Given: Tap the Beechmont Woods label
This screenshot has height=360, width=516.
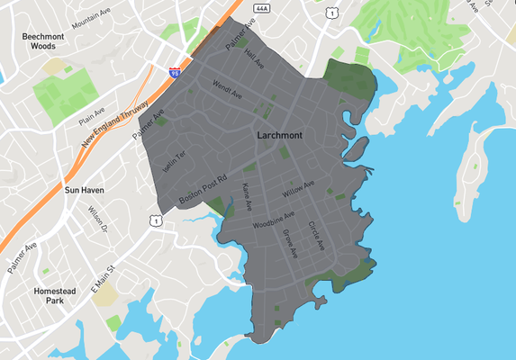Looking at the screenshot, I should (43, 40).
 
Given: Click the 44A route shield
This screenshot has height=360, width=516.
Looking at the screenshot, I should (262, 7).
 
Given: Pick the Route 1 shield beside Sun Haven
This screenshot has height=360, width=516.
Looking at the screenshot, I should (157, 220).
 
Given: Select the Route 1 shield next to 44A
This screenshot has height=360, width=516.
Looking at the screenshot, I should (333, 13).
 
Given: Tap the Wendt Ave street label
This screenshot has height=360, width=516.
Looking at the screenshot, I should (227, 88).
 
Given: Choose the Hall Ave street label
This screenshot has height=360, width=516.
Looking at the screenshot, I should (254, 56).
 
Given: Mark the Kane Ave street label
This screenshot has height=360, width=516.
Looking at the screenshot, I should (248, 195).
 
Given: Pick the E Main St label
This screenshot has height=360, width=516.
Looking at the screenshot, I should (104, 277).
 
